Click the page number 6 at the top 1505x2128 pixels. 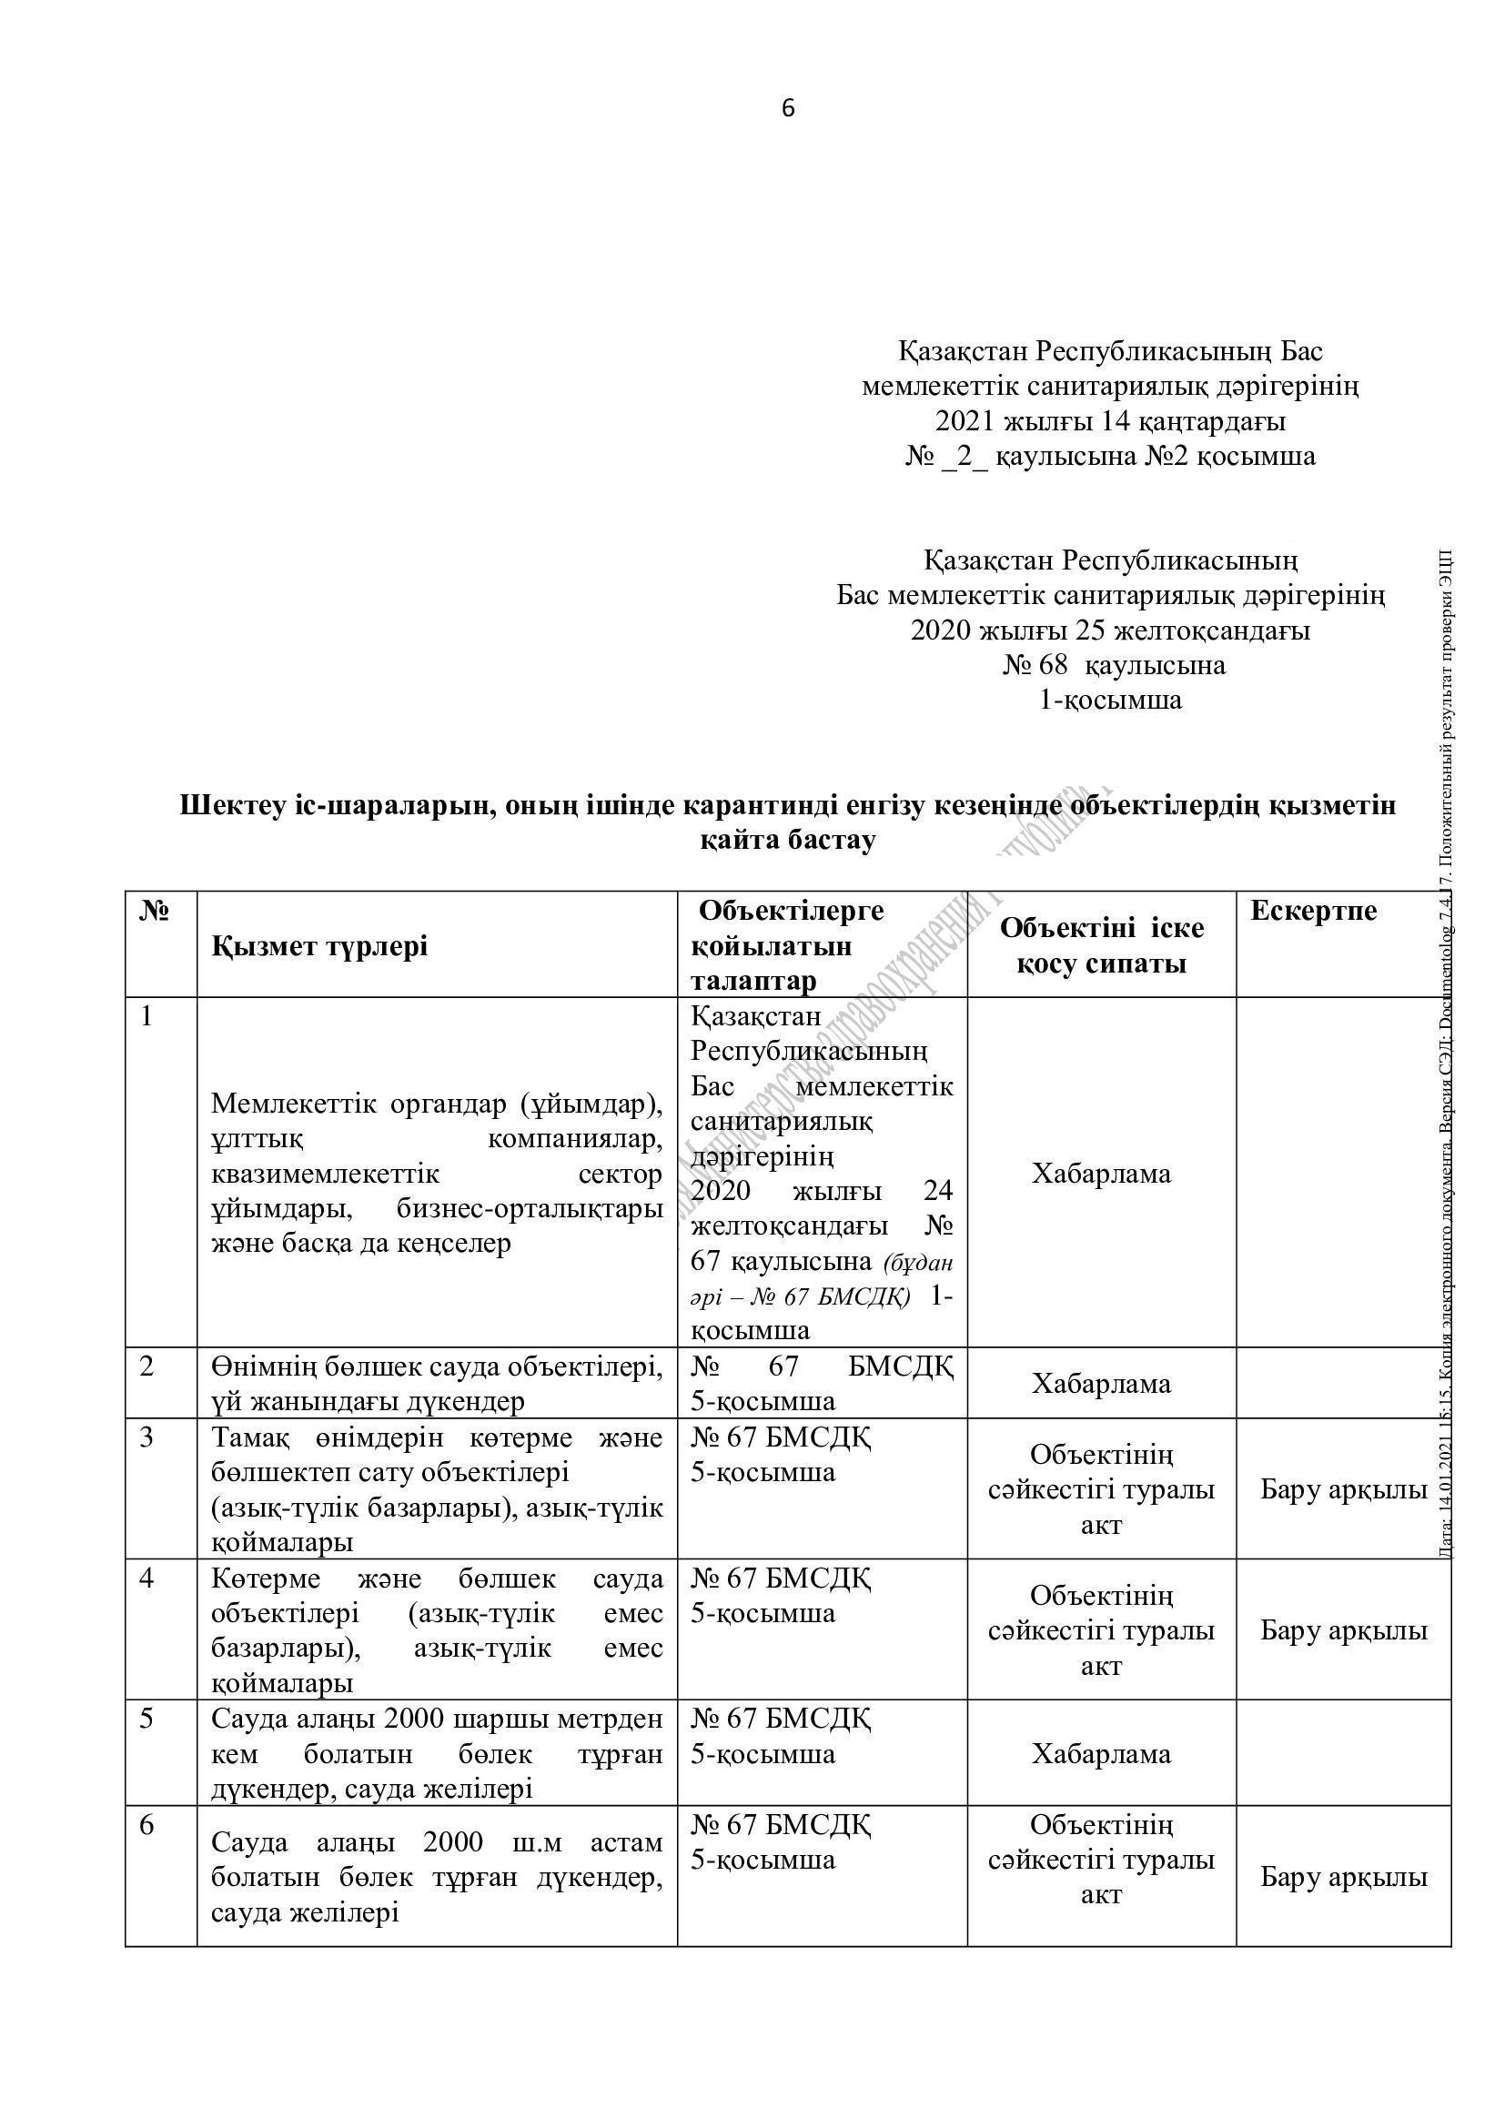click(788, 109)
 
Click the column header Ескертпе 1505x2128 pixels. click(1313, 911)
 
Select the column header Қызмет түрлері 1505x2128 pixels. click(319, 946)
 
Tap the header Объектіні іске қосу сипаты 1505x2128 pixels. click(1101, 945)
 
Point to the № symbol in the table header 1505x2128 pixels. click(155, 911)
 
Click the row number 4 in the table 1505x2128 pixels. click(146, 1578)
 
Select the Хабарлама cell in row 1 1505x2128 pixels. click(1101, 1174)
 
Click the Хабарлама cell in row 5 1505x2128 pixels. click(1101, 1753)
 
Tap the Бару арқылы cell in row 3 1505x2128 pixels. click(1343, 1490)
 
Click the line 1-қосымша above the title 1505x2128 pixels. click(1111, 700)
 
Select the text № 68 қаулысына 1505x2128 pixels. click(1113, 665)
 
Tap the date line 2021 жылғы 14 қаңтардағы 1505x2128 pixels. click(1110, 422)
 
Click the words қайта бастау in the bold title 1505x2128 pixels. click(787, 841)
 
